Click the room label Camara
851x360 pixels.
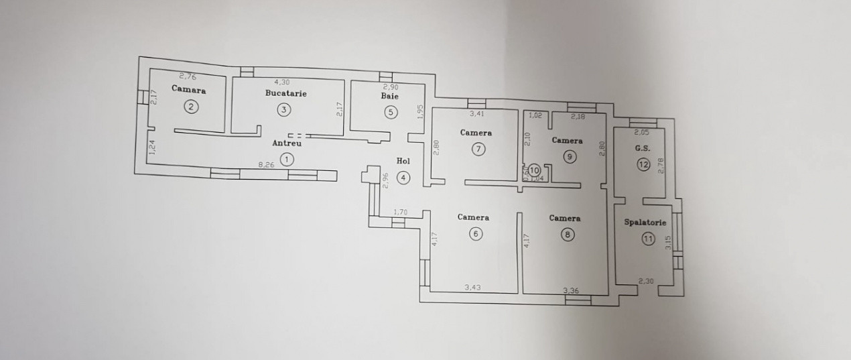188,89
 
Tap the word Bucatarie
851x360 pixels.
285,93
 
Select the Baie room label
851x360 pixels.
390,97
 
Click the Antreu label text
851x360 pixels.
287,143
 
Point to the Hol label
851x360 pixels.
403,161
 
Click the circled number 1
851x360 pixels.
287,159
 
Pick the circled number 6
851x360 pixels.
475,234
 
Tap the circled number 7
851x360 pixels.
478,149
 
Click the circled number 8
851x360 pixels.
568,235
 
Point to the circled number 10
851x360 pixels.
534,170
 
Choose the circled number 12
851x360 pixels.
643,164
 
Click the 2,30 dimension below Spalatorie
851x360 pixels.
646,282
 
